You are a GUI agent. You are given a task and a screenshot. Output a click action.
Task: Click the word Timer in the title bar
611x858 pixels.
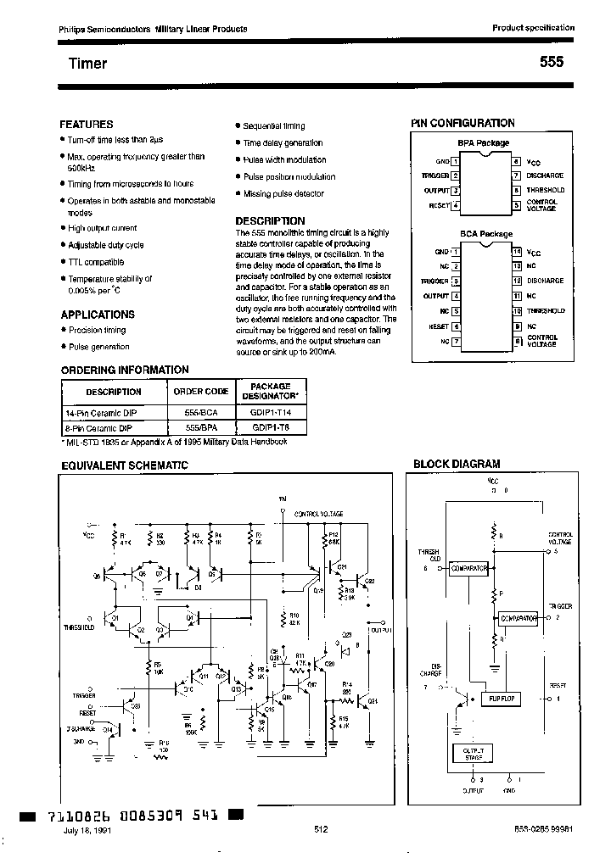tap(87, 64)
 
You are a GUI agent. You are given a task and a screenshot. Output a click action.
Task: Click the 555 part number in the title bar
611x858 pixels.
tap(551, 63)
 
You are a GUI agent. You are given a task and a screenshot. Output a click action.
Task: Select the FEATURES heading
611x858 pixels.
tap(86, 124)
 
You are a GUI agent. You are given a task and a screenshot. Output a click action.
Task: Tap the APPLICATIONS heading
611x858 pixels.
tap(98, 314)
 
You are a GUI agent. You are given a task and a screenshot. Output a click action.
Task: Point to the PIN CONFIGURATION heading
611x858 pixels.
tap(462, 123)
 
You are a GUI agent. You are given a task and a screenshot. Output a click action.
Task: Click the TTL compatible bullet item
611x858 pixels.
tap(95, 262)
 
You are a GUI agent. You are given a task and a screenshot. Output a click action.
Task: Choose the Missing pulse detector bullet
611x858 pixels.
tap(283, 194)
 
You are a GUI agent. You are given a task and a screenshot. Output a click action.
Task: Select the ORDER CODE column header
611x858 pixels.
tap(201, 392)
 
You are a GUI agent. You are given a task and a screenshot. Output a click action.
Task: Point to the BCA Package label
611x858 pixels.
tap(486, 234)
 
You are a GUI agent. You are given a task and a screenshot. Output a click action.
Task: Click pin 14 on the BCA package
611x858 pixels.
tap(516, 252)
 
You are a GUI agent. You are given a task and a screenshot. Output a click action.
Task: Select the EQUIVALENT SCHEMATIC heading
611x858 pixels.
tap(122, 465)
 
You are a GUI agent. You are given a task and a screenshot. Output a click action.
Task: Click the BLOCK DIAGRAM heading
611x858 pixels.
tap(456, 464)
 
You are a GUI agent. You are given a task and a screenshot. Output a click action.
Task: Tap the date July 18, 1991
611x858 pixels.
tap(87, 831)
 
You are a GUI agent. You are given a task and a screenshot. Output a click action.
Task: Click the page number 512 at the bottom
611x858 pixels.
tap(321, 830)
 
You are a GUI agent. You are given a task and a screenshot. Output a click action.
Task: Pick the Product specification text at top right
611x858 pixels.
tap(533, 28)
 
